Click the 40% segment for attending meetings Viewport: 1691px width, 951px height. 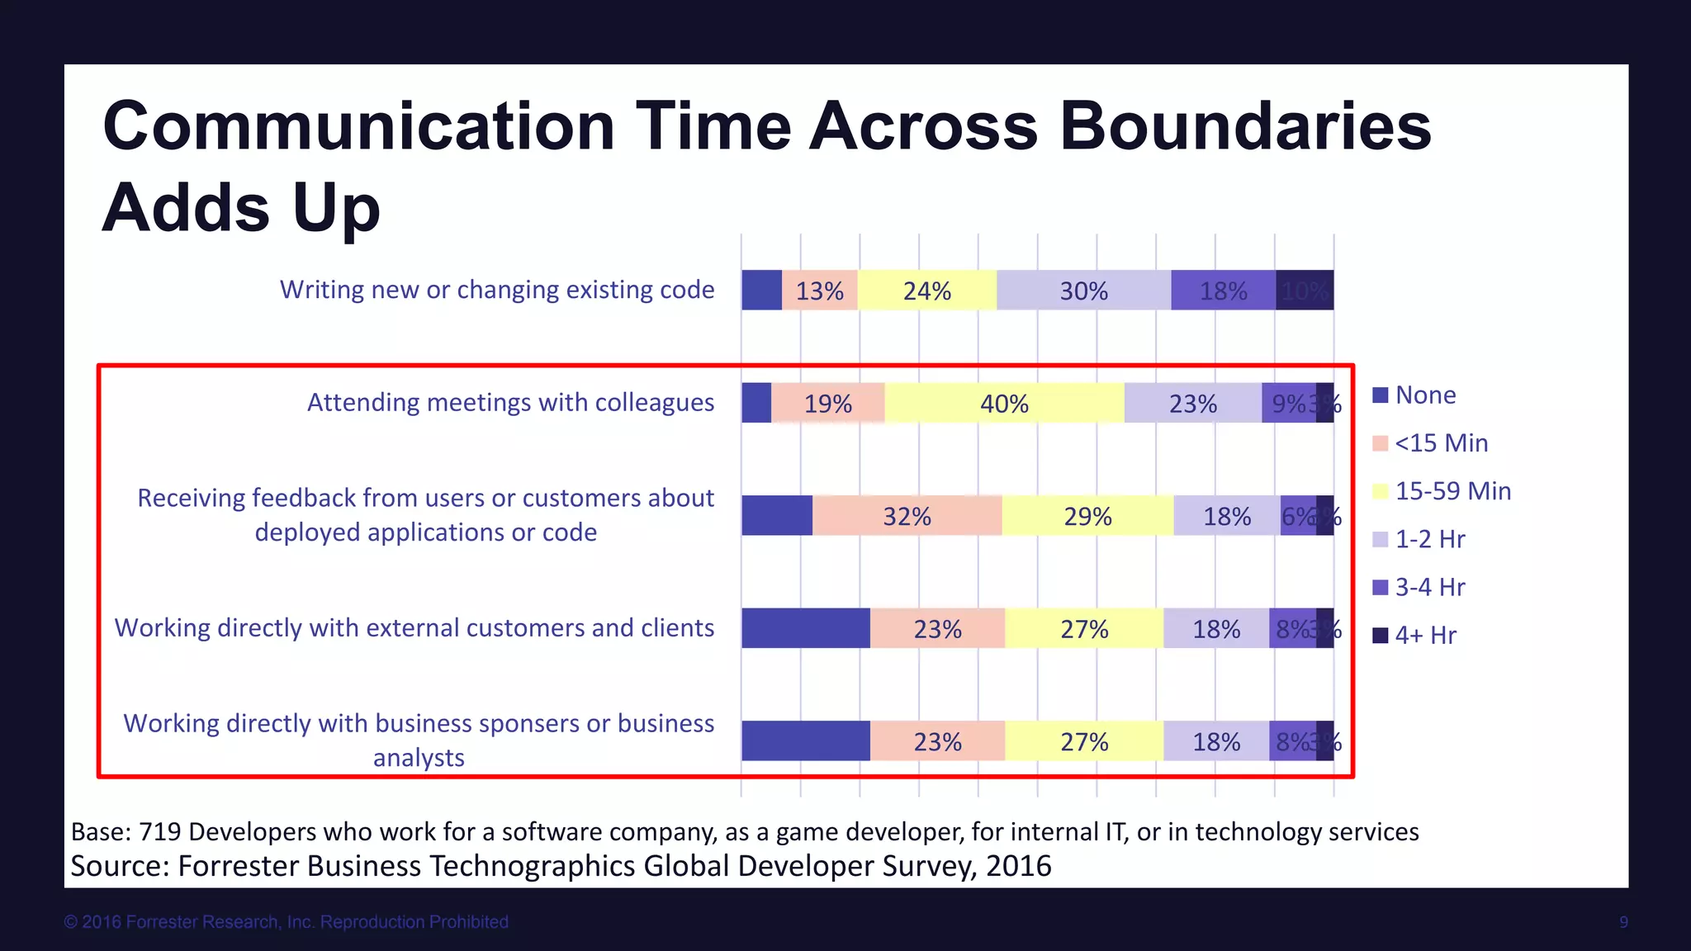[x=1004, y=403]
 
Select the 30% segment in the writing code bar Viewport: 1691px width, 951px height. [x=1083, y=291]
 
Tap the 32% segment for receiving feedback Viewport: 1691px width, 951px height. [x=907, y=516]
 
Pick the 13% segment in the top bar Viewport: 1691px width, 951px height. [x=819, y=291]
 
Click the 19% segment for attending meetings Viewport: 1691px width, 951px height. [x=827, y=403]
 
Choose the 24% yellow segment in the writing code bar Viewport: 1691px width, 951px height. [x=926, y=291]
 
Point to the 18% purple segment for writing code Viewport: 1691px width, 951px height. [x=1223, y=291]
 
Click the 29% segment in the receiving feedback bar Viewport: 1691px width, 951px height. [x=1087, y=516]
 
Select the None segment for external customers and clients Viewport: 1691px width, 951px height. [x=805, y=628]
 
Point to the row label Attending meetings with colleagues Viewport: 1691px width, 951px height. [x=510, y=402]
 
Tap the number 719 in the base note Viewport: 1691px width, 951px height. [x=159, y=831]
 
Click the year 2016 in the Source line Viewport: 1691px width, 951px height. [x=1018, y=866]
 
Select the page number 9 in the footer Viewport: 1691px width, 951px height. [x=1623, y=922]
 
